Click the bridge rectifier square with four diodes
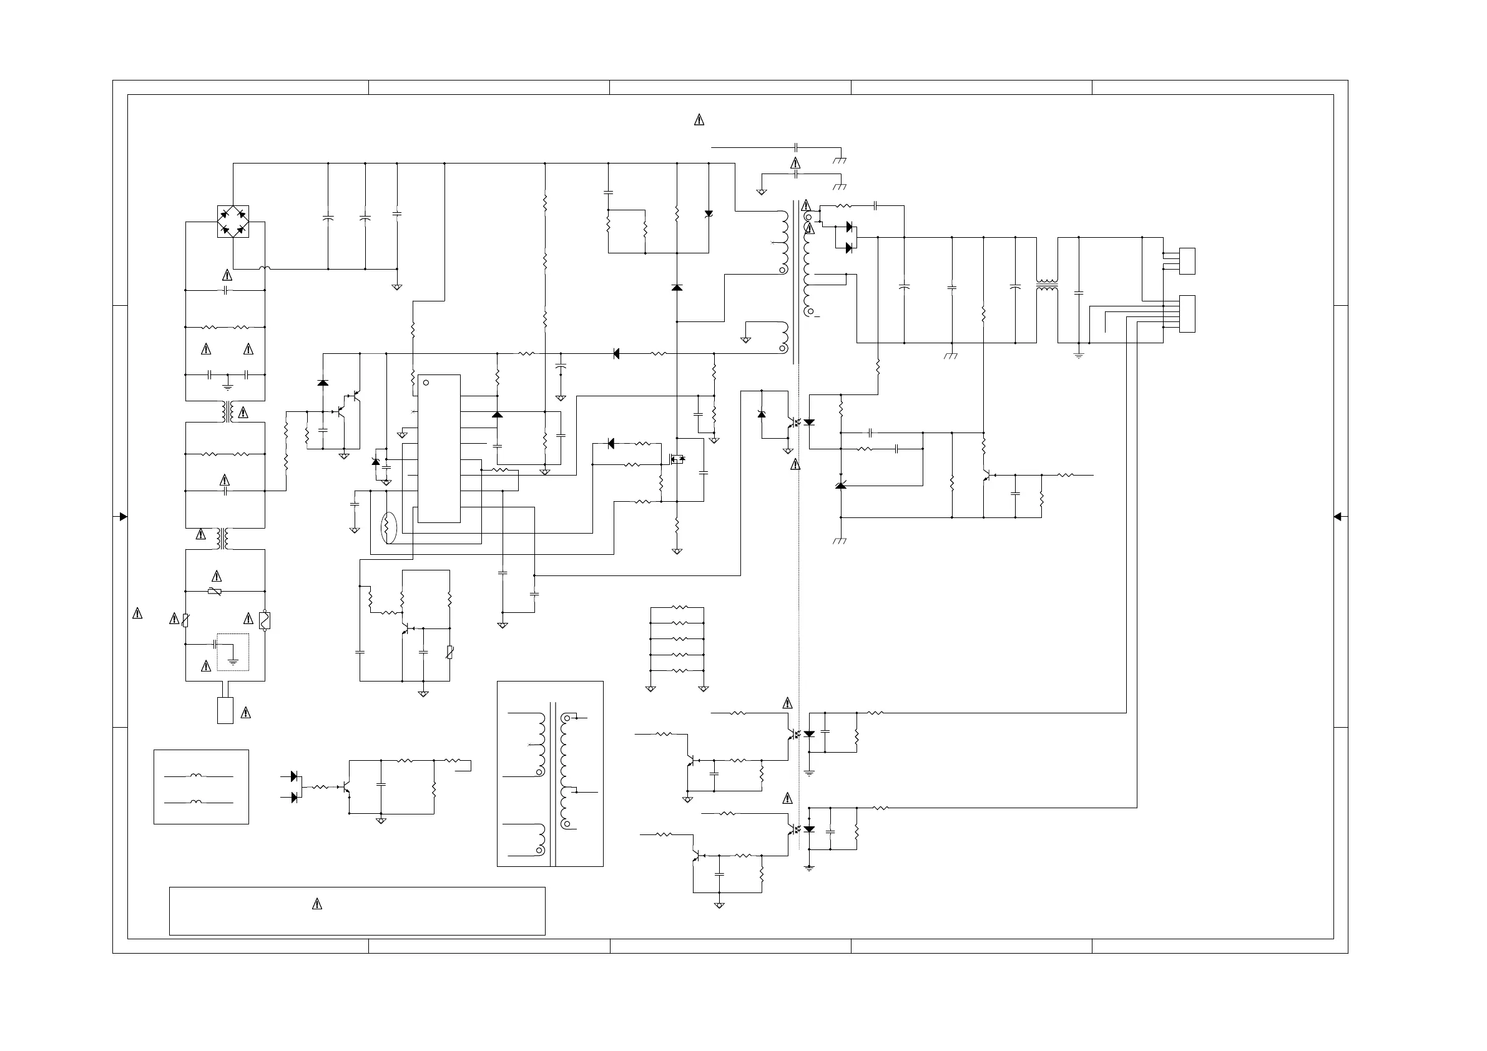click(x=232, y=222)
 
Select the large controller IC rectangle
click(x=438, y=448)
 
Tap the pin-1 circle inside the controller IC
click(x=426, y=383)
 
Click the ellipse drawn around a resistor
click(x=388, y=527)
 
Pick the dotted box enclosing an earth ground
click(x=233, y=652)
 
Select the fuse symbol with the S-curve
click(x=264, y=620)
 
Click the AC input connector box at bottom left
click(x=225, y=710)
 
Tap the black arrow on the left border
click(x=123, y=517)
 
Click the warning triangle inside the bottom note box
click(x=317, y=904)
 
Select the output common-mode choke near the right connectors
click(x=1047, y=285)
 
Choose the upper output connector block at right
click(x=1187, y=261)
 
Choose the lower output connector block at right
click(x=1187, y=314)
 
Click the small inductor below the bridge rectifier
click(x=264, y=268)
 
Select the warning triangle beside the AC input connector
click(x=245, y=713)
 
